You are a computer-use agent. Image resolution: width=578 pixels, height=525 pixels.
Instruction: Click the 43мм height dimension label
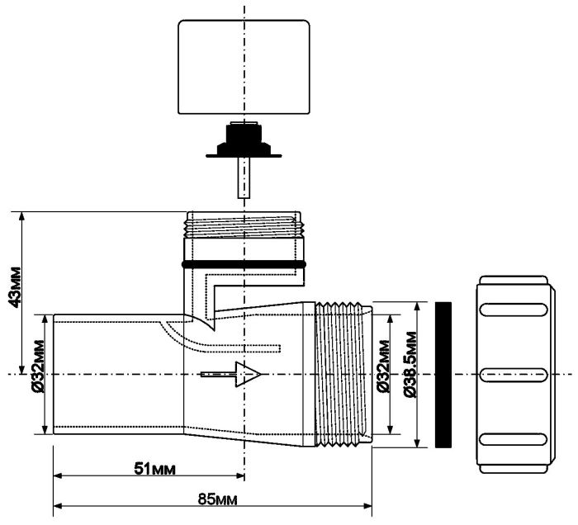pyautogui.click(x=15, y=286)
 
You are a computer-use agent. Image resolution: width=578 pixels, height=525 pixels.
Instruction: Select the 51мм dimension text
pyautogui.click(x=154, y=469)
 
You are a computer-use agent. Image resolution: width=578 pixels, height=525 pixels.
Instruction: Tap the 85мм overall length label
pyautogui.click(x=217, y=499)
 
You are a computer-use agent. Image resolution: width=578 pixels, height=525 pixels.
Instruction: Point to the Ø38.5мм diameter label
pyautogui.click(x=410, y=364)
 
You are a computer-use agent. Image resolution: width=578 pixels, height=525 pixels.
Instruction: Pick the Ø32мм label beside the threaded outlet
pyautogui.click(x=383, y=366)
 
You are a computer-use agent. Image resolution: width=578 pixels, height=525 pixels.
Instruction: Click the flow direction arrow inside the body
pyautogui.click(x=231, y=374)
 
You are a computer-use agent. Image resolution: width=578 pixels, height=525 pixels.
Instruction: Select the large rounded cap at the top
pyautogui.click(x=244, y=67)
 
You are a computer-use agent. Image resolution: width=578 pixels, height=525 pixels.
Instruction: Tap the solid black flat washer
pyautogui.click(x=443, y=375)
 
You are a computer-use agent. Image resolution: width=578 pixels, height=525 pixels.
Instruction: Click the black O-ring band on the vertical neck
pyautogui.click(x=244, y=264)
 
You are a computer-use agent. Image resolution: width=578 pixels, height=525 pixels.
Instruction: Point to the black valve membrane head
pyautogui.click(x=244, y=140)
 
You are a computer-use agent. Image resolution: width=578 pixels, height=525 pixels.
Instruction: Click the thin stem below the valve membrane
pyautogui.click(x=244, y=178)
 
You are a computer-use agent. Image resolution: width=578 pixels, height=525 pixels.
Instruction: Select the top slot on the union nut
pyautogui.click(x=514, y=309)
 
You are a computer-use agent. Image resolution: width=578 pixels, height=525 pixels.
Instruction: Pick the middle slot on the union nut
pyautogui.click(x=514, y=375)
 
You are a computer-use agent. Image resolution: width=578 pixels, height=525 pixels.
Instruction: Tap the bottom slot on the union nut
pyautogui.click(x=514, y=439)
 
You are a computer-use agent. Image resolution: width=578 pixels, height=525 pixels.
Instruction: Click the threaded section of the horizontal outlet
pyautogui.click(x=343, y=374)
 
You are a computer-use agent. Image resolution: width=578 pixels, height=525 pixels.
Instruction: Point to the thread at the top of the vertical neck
pyautogui.click(x=244, y=225)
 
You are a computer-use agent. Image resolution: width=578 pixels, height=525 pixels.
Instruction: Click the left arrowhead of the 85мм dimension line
pyautogui.click(x=58, y=505)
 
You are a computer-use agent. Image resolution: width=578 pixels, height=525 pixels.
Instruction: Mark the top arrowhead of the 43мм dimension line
pyautogui.click(x=21, y=216)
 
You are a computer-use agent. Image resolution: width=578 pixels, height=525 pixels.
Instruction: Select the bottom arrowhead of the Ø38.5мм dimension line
pyautogui.click(x=417, y=443)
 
